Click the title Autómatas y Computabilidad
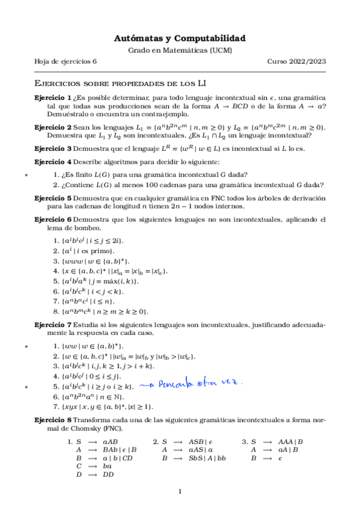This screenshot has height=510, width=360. click(x=180, y=38)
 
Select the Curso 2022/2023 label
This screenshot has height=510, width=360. click(x=296, y=62)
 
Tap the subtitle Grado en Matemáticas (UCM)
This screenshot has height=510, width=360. click(x=180, y=51)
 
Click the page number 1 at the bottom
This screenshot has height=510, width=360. click(x=180, y=493)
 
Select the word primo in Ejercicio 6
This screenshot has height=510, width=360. click(x=100, y=250)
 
